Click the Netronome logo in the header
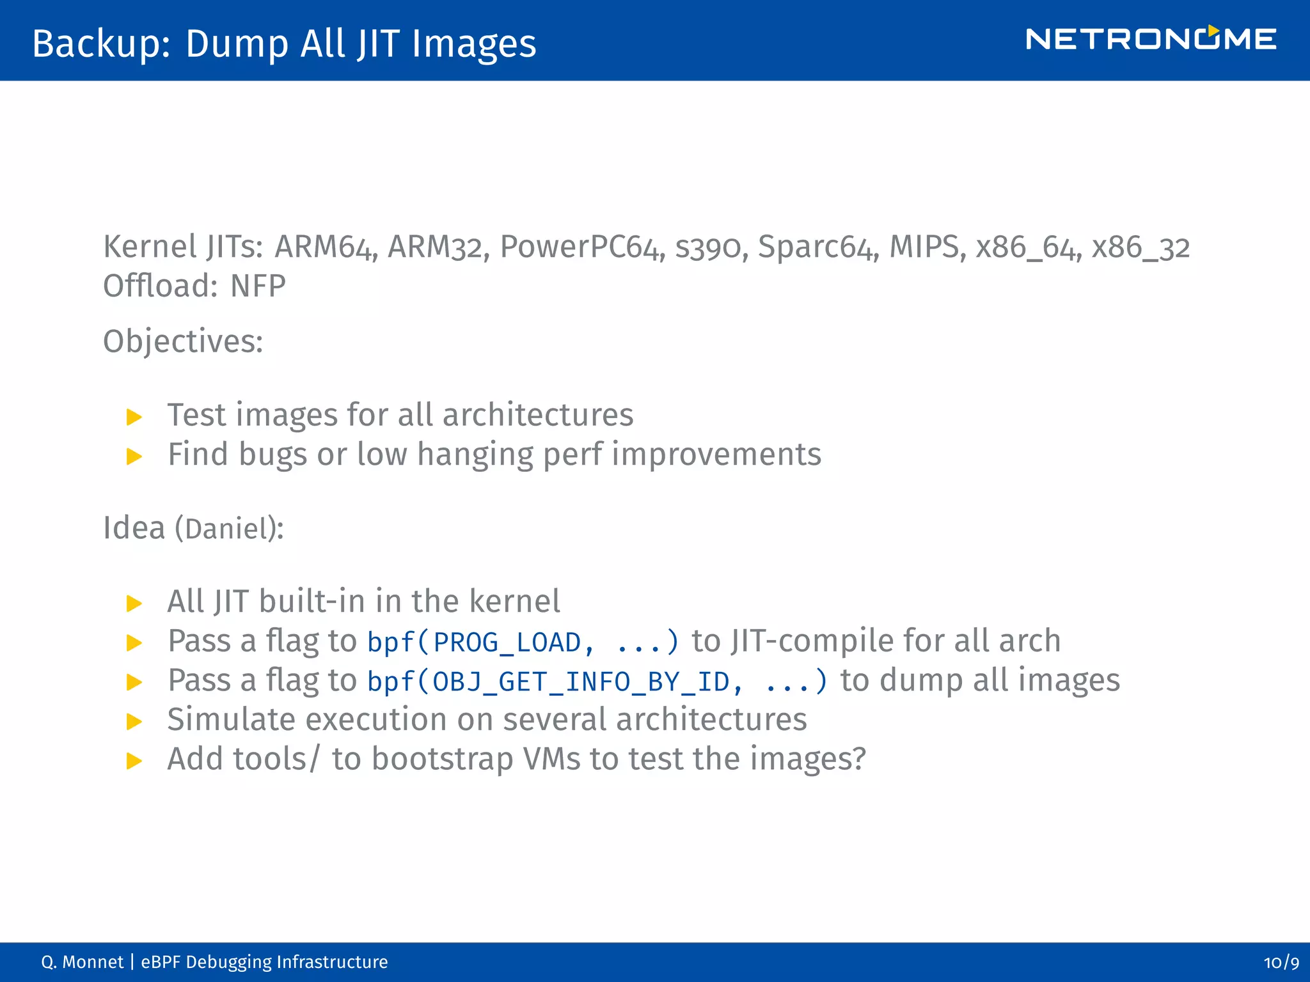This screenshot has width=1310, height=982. (1150, 39)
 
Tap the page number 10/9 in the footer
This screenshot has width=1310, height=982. (1281, 962)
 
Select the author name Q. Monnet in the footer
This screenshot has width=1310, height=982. (82, 962)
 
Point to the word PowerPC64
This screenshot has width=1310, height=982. (579, 247)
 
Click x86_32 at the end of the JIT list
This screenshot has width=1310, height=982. (1140, 247)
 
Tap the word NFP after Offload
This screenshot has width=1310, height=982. (258, 286)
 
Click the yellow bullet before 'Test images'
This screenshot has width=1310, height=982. (134, 417)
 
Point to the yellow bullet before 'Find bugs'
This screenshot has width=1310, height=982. (134, 456)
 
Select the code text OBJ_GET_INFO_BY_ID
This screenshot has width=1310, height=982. (581, 682)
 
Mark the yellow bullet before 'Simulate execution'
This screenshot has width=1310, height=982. (134, 722)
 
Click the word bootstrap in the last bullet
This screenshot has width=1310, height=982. (442, 759)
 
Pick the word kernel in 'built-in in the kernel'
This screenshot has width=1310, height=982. (514, 602)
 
